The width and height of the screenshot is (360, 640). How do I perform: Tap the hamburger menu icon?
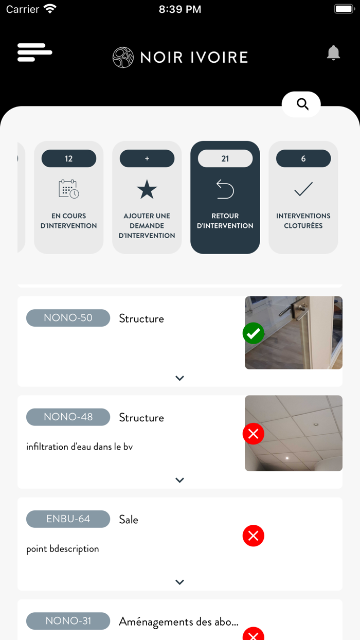[34, 52]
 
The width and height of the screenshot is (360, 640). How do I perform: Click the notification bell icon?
[333, 52]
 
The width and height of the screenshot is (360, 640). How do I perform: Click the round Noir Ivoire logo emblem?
[123, 57]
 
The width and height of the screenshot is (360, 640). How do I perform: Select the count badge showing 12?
[69, 158]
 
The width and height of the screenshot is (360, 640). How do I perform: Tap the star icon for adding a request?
[147, 189]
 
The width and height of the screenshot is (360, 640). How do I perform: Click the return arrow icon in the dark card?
[225, 189]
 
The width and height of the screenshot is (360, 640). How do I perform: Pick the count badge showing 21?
[225, 158]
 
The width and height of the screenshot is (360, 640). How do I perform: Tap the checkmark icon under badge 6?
[303, 189]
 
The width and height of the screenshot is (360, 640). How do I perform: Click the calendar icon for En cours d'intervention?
[69, 189]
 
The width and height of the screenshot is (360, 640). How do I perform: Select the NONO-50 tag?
[68, 318]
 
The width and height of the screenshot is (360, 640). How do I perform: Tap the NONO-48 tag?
[68, 417]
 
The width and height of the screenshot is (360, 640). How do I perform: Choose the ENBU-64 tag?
[68, 519]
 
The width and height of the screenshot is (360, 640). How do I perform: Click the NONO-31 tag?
[68, 621]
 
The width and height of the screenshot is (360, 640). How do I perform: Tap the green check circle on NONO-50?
[254, 333]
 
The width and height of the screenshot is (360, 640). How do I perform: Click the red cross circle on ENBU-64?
[254, 536]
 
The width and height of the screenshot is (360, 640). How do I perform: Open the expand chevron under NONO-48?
[179, 480]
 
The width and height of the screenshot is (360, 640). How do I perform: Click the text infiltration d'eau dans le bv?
[79, 447]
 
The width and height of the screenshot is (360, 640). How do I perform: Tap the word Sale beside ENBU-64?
[129, 520]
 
